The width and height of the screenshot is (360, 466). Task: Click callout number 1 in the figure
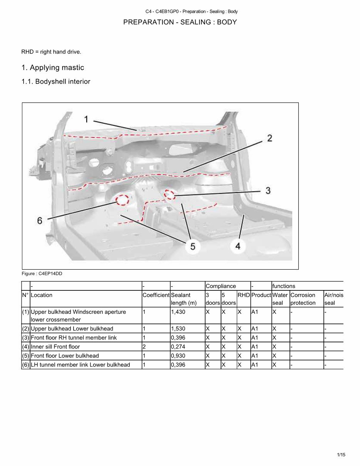(86, 119)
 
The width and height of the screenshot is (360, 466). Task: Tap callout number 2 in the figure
(270, 138)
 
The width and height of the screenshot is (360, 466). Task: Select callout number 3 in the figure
(268, 190)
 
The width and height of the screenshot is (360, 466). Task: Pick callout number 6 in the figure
(39, 221)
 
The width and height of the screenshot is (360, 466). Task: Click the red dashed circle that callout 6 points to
(122, 200)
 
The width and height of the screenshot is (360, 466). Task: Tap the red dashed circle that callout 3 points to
(170, 194)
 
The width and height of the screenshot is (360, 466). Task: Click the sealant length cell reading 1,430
(178, 312)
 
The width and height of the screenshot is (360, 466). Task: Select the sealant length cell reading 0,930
(178, 355)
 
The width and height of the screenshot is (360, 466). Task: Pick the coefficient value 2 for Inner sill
(144, 347)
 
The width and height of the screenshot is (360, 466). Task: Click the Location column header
(42, 295)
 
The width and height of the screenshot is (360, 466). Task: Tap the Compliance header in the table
(221, 286)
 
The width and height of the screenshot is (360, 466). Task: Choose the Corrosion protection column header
(303, 299)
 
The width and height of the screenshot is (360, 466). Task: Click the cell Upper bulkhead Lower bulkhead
(72, 329)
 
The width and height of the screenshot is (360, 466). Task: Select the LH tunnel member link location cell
(80, 365)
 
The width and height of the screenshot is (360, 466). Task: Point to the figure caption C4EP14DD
(42, 273)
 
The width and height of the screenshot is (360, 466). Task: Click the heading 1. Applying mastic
(53, 68)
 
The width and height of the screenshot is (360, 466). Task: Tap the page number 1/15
(341, 455)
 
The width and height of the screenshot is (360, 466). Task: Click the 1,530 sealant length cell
(178, 329)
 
